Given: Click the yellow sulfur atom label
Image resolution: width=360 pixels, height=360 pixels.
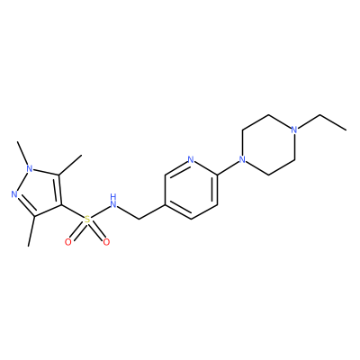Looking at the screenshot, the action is (87, 220).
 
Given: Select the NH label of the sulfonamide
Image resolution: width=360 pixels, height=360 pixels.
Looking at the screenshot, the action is (113, 202).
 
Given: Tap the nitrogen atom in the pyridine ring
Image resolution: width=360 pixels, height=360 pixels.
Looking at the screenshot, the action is (191, 159).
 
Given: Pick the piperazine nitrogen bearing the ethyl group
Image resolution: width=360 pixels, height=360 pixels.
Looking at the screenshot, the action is (294, 130).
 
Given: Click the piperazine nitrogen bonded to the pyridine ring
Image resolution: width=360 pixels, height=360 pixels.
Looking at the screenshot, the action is (243, 159).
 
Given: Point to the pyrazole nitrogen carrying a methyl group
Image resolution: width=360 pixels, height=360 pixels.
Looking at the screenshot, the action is (29, 169).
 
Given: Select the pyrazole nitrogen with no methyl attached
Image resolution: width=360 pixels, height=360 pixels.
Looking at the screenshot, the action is (14, 194).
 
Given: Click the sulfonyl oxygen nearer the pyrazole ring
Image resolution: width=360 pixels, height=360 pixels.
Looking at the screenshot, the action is (68, 242).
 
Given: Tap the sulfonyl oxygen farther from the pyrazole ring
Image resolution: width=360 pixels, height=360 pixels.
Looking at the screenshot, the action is (106, 242).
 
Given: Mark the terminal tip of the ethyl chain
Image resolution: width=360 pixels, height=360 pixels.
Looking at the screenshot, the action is (346, 130).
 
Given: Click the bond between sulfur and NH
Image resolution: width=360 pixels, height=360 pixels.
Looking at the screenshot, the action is (100, 212).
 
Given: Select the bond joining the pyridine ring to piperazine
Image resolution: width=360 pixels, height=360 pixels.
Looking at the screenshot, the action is (228, 168).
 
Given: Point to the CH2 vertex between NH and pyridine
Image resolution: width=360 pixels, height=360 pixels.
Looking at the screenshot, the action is (139, 220).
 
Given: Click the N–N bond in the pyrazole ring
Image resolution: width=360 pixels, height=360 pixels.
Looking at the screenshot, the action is (22, 182).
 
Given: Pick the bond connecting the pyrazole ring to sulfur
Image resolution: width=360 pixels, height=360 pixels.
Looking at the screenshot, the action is (72, 211).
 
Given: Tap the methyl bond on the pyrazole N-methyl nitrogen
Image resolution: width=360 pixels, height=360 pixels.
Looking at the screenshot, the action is (23, 153).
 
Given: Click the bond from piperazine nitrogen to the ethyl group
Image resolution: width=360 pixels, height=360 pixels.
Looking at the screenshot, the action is (310, 121).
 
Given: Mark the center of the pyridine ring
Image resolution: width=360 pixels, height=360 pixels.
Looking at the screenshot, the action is (191, 189).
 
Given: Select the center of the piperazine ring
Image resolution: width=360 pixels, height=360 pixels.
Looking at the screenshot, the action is (269, 145).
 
